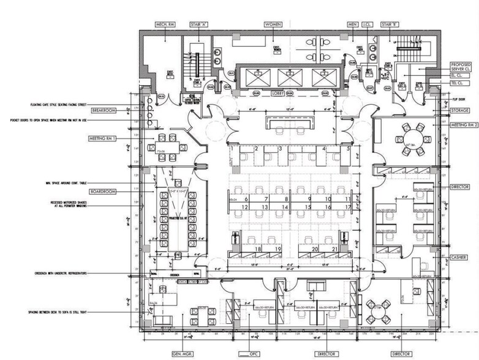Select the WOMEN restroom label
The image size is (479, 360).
pyautogui.click(x=273, y=24)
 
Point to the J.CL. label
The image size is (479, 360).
pyautogui.click(x=368, y=24)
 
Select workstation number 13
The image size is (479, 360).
pyautogui.click(x=266, y=208)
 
